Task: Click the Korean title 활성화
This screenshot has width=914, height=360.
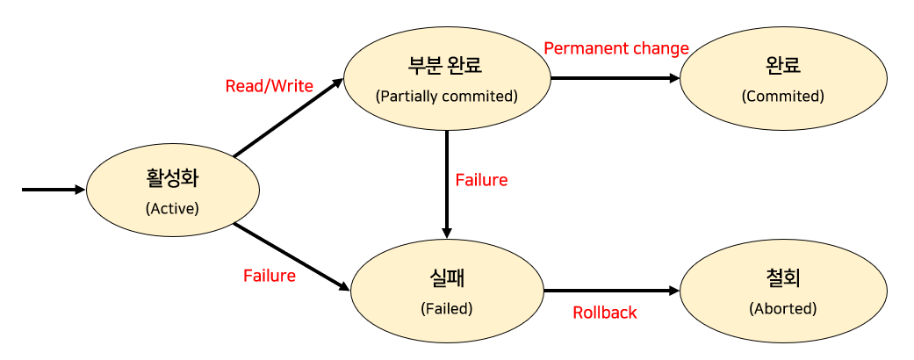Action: tap(172, 179)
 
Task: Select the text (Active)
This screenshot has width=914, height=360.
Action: tap(172, 209)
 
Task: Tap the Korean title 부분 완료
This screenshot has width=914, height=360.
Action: tap(447, 66)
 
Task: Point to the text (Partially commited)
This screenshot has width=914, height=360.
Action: tap(447, 96)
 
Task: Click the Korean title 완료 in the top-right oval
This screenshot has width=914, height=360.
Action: tap(783, 66)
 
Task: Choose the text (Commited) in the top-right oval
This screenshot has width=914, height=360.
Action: tap(783, 96)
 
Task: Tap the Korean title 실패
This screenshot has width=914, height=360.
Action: tap(447, 278)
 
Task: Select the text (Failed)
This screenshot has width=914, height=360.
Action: tap(447, 308)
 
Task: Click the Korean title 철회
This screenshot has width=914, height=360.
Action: tap(783, 278)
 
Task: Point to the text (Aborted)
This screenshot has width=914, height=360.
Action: tap(783, 308)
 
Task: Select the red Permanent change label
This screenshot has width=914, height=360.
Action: tap(616, 48)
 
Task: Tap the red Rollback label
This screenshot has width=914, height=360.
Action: tap(605, 312)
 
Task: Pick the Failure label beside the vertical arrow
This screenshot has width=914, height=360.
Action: tap(481, 180)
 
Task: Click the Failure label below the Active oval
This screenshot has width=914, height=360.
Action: tap(270, 276)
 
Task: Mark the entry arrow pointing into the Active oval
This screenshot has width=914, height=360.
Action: tap(53, 189)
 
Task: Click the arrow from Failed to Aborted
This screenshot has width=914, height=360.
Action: tap(612, 291)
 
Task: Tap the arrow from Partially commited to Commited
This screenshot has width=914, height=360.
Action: tap(615, 78)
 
